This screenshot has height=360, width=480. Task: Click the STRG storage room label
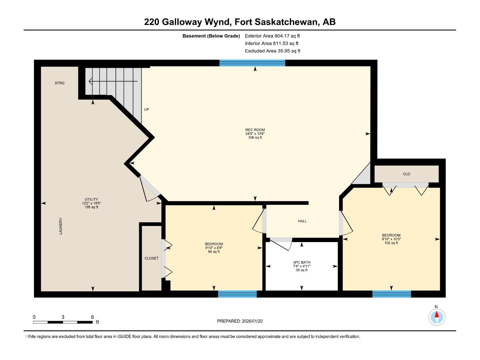(59, 83)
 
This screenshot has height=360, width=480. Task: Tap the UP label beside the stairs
(146, 109)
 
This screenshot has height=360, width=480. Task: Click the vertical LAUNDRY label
(61, 226)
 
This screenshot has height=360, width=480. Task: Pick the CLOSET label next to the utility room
(151, 258)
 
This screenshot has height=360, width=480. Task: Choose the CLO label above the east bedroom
(406, 174)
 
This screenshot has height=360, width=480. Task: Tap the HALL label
(302, 221)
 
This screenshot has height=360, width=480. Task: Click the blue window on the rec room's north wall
(252, 63)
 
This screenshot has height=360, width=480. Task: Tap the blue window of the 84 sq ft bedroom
(237, 294)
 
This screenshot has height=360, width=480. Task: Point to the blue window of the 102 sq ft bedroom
(391, 294)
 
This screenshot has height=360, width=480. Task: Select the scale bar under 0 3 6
(63, 322)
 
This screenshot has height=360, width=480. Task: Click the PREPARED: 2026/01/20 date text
(240, 321)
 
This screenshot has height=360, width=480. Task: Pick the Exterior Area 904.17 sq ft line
(272, 36)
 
